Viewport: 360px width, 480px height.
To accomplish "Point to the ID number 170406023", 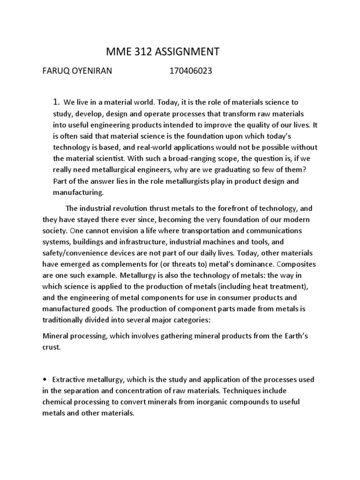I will [x=191, y=72].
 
